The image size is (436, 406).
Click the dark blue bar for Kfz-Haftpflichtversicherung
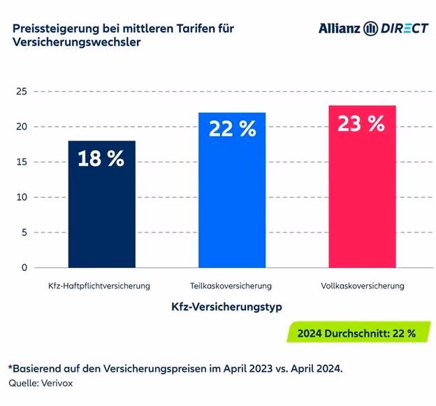click(x=101, y=210)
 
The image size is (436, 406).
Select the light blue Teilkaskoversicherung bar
click(x=232, y=203)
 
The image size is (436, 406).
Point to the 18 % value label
click(x=101, y=159)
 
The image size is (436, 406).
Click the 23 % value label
click(x=361, y=124)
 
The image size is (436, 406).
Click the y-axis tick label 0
click(x=24, y=267)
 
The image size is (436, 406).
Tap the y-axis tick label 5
click(x=24, y=232)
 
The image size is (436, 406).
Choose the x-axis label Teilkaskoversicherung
click(x=231, y=286)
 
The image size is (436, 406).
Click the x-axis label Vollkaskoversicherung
click(x=362, y=286)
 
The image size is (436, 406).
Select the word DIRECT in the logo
click(x=405, y=29)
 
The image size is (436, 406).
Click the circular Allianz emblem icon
click(x=371, y=29)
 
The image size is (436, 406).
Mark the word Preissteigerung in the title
click(x=54, y=28)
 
